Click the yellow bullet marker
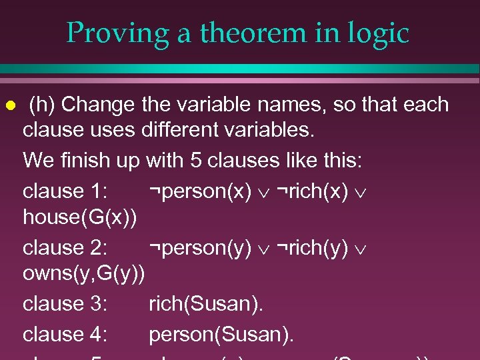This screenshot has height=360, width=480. click(9, 105)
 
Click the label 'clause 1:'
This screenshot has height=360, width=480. click(65, 191)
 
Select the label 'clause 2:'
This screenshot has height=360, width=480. click(65, 247)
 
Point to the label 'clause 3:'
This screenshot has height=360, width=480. click(65, 304)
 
